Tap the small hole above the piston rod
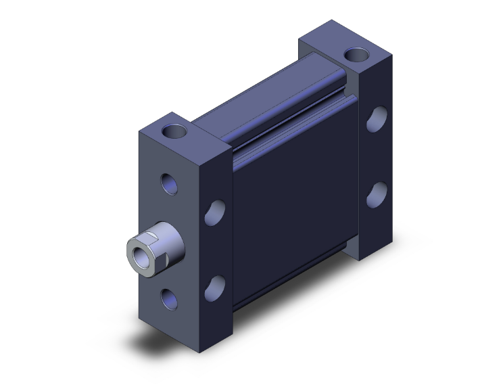pos(167,183)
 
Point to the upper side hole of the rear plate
pos(376,120)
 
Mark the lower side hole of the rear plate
pos(376,193)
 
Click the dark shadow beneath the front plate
pos(176,352)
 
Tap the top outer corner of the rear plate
pos(391,57)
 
